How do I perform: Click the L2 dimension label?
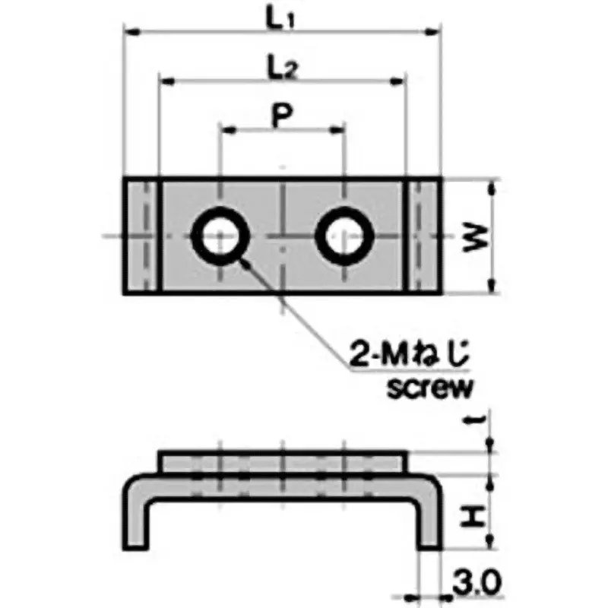(282, 69)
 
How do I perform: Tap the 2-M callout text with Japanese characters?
(411, 355)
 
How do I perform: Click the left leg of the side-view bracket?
(135, 517)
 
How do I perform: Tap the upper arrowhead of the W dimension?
(493, 187)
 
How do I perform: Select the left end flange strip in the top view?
(142, 236)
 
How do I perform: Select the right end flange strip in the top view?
(424, 236)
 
